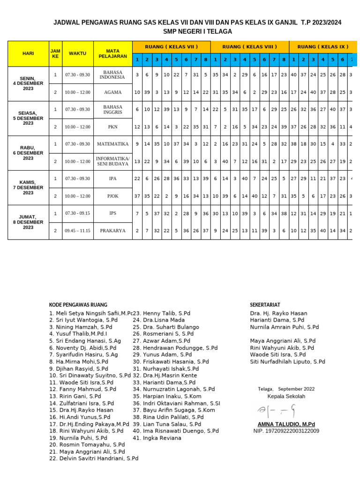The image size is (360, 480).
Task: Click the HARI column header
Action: coord(28,53)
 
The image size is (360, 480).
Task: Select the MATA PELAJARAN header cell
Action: coord(113,53)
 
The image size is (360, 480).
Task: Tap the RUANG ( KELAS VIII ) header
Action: coord(249,46)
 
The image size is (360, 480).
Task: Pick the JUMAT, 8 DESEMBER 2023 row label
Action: coord(28,222)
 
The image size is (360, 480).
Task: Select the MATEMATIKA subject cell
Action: coord(113,144)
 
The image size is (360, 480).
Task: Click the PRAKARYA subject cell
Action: coord(113,231)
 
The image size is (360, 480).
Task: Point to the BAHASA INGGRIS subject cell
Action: coord(113,109)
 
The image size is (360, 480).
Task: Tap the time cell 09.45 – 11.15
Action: coord(78,231)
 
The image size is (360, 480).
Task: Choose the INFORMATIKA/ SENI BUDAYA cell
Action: coord(113,161)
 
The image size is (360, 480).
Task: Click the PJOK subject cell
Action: coord(113,196)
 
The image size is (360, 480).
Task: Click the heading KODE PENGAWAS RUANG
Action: coord(78,305)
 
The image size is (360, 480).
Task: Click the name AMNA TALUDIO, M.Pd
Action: coord(286,424)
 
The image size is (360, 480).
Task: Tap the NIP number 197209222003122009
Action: coord(286,431)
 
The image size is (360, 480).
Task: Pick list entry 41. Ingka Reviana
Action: coord(157,438)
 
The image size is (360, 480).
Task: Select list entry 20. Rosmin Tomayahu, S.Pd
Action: coord(87,444)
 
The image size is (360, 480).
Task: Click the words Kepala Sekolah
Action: coord(286,396)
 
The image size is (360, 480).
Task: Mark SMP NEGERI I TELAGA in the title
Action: coord(197,31)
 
